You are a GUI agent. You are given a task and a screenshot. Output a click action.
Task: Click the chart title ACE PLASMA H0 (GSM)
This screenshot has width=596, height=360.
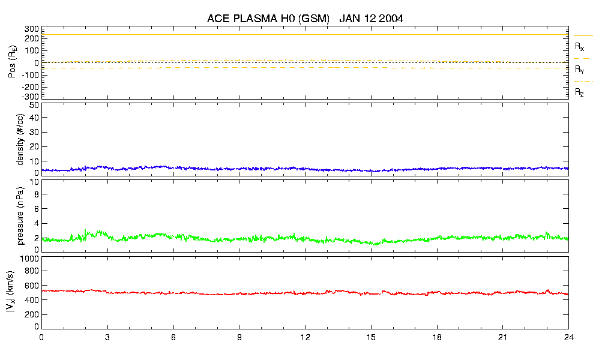point(268,19)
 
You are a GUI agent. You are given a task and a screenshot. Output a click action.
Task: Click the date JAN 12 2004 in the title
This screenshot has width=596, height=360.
point(371,19)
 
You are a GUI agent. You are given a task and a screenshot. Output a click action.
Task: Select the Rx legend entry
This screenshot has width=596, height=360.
point(580,46)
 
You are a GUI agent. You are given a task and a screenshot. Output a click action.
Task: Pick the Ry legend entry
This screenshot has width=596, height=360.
point(580,70)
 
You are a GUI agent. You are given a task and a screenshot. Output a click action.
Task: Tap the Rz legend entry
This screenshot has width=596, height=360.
point(580,92)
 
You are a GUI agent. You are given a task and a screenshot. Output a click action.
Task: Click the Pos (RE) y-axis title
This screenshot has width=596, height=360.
point(11,62)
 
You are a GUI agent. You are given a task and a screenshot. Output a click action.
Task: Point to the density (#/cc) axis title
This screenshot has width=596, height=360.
point(20,139)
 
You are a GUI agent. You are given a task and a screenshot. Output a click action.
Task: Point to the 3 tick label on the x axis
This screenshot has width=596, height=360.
point(107,338)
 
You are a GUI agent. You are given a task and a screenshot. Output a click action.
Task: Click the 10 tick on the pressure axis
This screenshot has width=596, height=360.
point(34,194)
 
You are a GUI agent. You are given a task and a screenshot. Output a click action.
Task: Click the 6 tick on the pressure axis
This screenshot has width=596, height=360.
point(36,208)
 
